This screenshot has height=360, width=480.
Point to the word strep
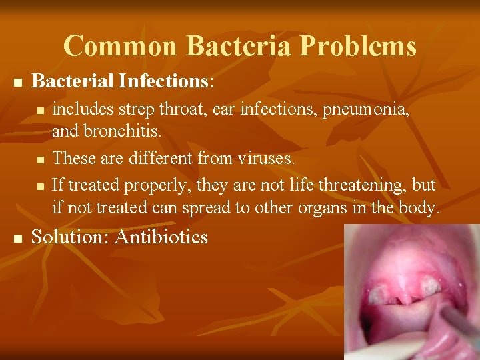click(131, 109)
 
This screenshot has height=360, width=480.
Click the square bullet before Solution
click(18, 238)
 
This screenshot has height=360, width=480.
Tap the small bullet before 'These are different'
click(41, 160)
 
